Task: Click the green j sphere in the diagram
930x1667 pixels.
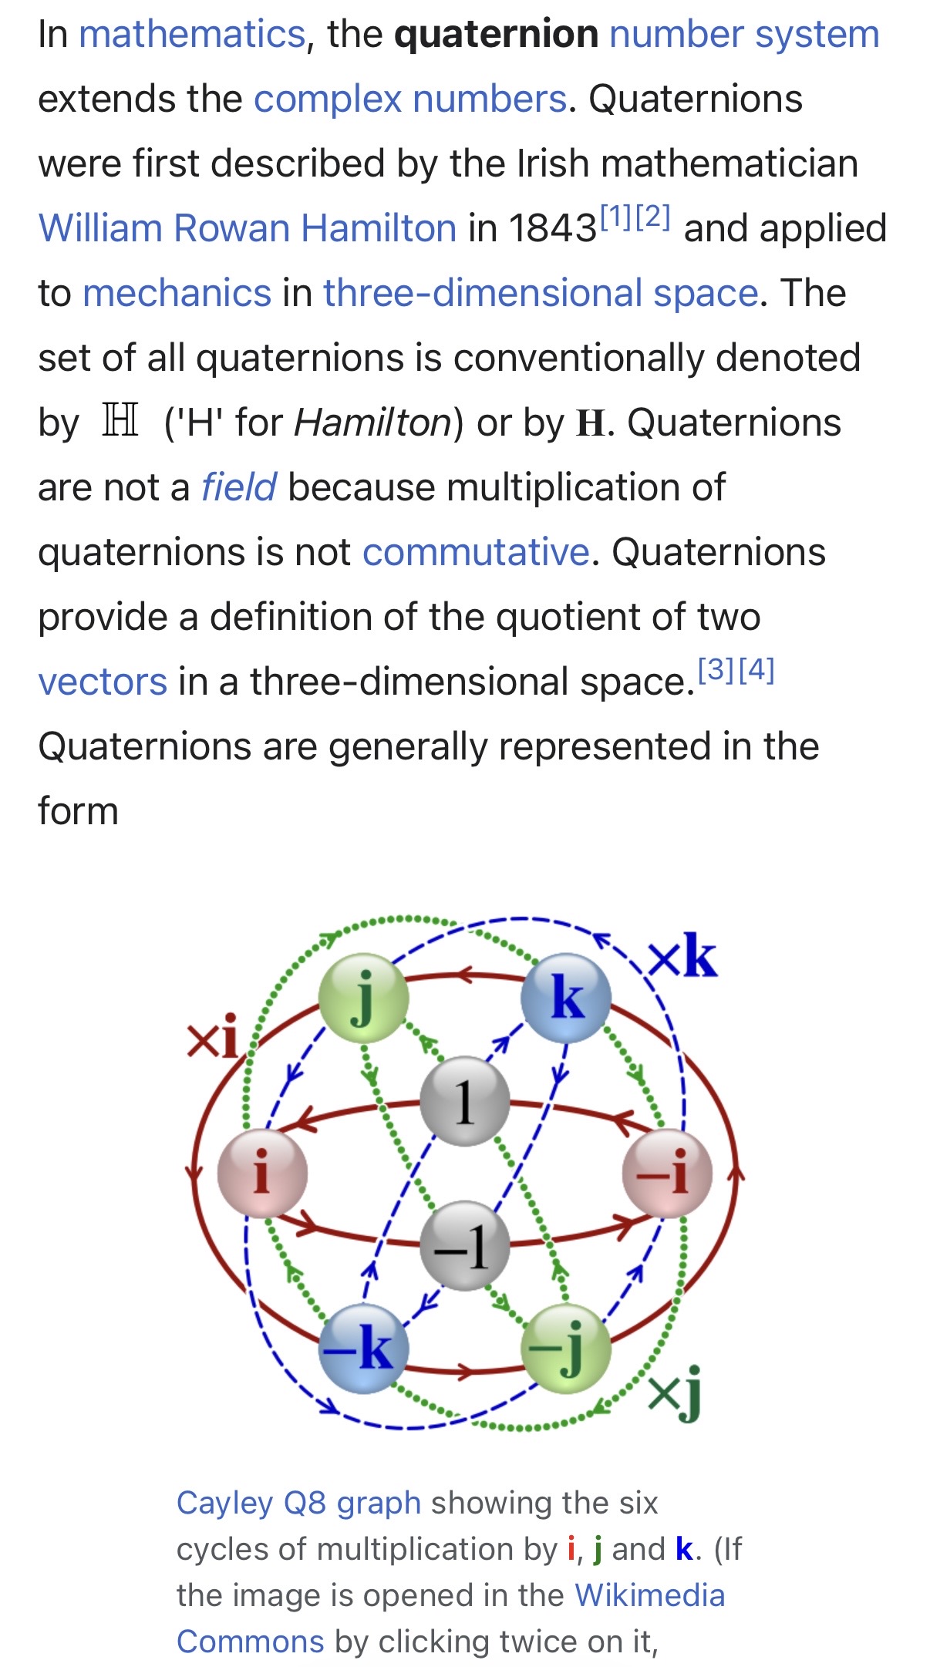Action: (x=363, y=999)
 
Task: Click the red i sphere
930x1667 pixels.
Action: (x=262, y=1174)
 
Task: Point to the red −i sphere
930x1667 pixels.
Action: (x=667, y=1174)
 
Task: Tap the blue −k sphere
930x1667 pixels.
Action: (x=363, y=1349)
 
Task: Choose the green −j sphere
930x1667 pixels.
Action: (x=566, y=1349)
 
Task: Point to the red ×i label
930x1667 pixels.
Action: (x=212, y=1038)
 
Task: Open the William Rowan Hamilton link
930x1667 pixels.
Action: (x=248, y=228)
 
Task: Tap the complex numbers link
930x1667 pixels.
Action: (x=410, y=99)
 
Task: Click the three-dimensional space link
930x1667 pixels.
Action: (x=541, y=293)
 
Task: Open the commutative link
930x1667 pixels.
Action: (x=476, y=552)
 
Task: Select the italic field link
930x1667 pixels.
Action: (x=238, y=487)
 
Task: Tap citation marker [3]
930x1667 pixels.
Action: (x=716, y=670)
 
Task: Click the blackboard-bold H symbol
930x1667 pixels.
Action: (x=121, y=421)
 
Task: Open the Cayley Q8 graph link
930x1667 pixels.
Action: (x=298, y=1503)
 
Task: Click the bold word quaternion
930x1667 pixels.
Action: (x=496, y=34)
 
